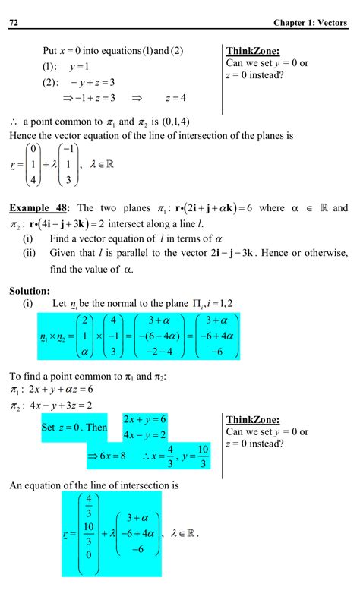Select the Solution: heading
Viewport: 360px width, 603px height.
(x=30, y=290)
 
